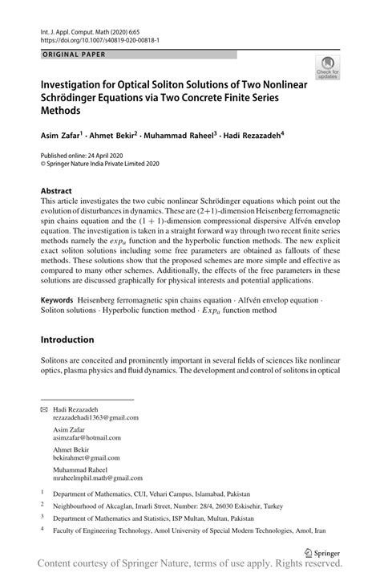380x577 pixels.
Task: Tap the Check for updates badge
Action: click(x=328, y=70)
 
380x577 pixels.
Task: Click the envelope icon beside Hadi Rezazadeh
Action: click(x=45, y=408)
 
